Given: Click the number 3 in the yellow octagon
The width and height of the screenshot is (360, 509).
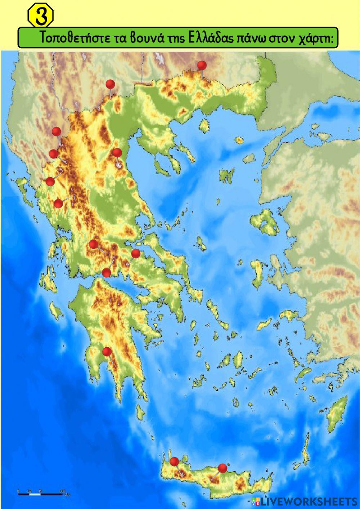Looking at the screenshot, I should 41,16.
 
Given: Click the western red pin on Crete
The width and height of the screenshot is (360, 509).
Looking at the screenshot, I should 175,461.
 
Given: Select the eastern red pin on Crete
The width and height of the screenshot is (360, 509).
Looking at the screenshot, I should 222,468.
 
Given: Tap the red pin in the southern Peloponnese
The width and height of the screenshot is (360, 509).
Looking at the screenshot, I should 107,351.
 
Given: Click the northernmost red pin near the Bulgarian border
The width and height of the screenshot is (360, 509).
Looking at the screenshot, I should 202,65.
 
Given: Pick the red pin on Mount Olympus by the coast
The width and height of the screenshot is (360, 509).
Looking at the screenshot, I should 117,153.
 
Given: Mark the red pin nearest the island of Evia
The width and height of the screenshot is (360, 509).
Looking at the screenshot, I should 135,254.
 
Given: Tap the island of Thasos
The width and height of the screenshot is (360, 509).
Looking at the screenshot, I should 204,125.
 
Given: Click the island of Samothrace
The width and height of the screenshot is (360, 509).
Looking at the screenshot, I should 239,140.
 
